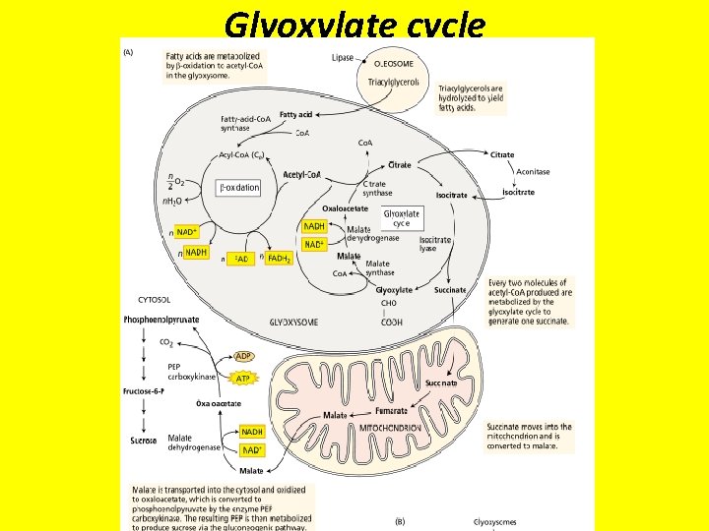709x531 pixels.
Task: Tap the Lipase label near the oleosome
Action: pos(343,58)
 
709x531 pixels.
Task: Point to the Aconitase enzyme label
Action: pos(533,172)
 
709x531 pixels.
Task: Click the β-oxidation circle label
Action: pos(238,187)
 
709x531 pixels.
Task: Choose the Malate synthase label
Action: pos(378,268)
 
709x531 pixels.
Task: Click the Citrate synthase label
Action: pos(377,188)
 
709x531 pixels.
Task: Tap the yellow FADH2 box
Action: pos(280,259)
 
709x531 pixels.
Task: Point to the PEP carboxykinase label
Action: pos(191,371)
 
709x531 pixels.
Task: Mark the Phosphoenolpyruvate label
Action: pos(161,320)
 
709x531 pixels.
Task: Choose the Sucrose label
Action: pos(145,441)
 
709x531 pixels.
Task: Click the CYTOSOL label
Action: pos(154,299)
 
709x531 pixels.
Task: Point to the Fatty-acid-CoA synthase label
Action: pos(249,123)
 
